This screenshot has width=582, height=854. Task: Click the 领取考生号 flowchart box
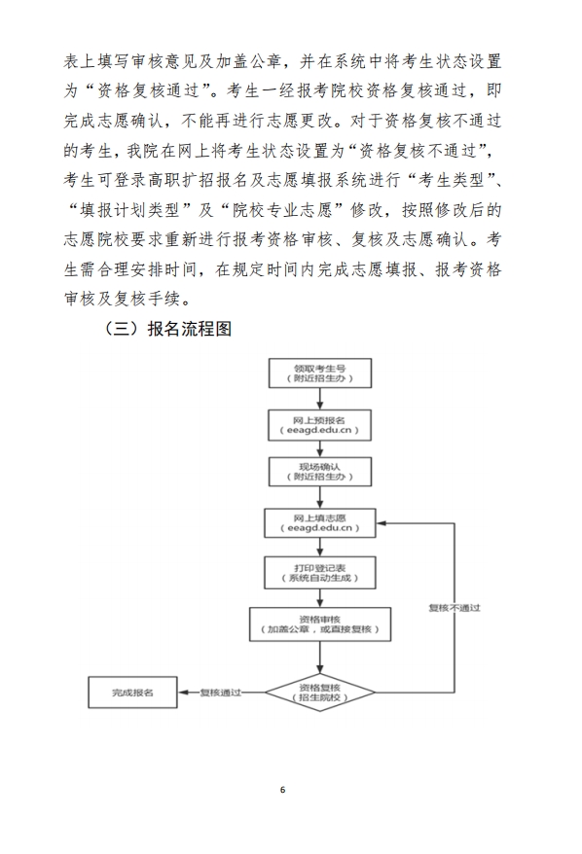click(320, 374)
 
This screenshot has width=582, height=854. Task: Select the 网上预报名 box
click(320, 425)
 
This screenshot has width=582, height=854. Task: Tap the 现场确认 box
click(320, 471)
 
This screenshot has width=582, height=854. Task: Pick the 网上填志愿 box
click(320, 523)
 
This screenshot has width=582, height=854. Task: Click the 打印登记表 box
click(320, 573)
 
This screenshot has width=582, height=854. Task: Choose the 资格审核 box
click(320, 624)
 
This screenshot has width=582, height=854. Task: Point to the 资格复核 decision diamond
click(320, 693)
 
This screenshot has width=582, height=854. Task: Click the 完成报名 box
click(132, 693)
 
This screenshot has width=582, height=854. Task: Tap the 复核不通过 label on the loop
click(455, 608)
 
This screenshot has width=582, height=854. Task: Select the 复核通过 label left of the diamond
click(220, 693)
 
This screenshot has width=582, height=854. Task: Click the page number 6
click(282, 790)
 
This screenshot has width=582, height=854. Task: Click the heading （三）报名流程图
click(166, 329)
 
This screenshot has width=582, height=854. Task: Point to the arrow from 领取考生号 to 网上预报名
click(320, 399)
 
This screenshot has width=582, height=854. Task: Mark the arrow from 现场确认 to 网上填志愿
click(320, 497)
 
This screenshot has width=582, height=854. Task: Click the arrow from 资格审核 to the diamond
click(320, 658)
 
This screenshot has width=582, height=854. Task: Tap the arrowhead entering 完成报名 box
click(183, 693)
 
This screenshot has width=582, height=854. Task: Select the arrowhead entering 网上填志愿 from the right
click(381, 523)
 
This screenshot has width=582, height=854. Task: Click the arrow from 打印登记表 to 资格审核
click(320, 598)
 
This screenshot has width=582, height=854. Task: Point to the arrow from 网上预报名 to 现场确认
click(320, 448)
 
